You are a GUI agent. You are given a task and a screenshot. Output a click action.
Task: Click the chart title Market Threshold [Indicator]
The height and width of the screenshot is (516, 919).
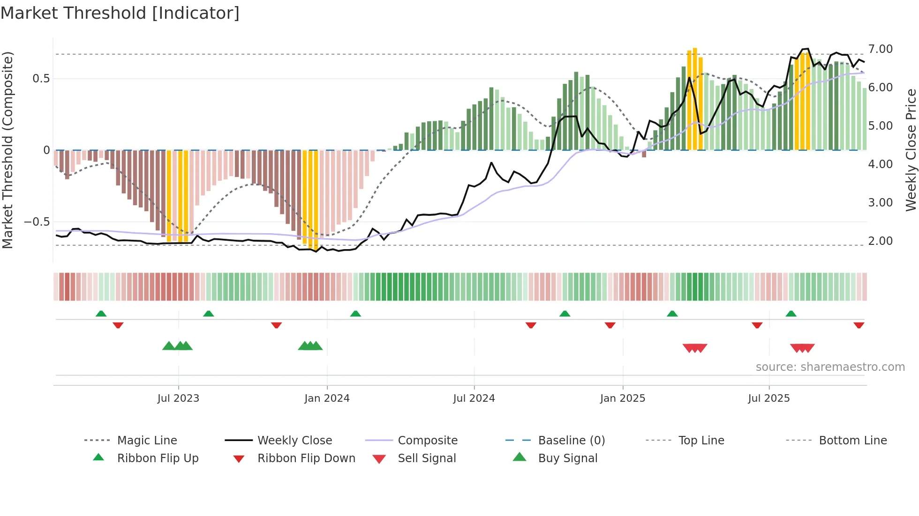[120, 13]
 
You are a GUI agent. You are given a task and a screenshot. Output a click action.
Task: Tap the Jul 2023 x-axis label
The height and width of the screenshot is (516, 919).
[178, 398]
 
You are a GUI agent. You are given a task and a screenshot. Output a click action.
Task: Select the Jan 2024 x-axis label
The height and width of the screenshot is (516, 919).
[327, 398]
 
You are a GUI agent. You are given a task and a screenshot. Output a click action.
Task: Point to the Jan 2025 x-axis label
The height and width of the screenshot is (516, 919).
[623, 398]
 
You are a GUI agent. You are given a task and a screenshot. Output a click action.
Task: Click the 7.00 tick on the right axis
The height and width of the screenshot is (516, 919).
[880, 49]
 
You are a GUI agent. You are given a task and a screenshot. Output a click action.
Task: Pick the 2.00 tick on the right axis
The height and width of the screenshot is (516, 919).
[880, 241]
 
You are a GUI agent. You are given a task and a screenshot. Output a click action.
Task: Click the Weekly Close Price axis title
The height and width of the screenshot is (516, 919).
[911, 150]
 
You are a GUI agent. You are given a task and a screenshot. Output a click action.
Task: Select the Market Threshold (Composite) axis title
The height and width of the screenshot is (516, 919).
[8, 150]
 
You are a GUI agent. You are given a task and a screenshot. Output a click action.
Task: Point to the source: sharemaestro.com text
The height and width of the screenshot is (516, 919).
[830, 367]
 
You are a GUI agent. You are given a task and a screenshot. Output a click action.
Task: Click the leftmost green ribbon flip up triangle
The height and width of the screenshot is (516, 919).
[101, 314]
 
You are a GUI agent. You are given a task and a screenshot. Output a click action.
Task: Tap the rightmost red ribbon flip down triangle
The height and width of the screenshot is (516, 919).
[859, 325]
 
